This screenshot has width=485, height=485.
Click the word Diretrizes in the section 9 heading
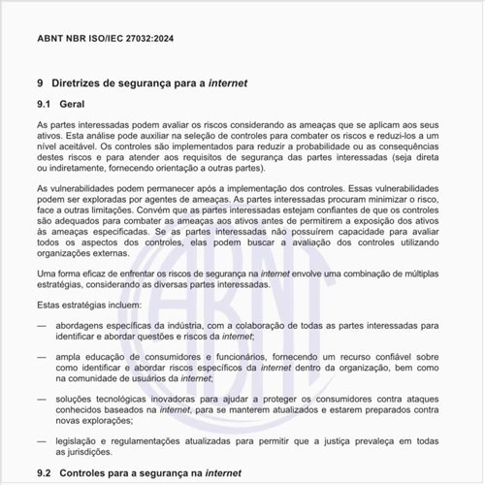(x=84, y=84)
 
